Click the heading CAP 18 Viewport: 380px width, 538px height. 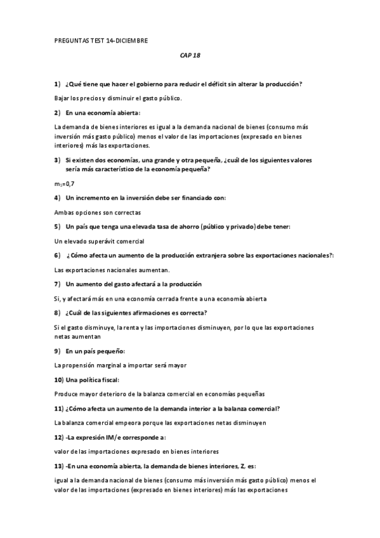coord(190,55)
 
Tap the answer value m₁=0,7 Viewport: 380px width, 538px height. coord(65,184)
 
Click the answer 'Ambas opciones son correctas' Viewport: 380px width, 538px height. coord(98,213)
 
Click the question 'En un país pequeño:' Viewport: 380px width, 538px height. coord(95,350)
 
